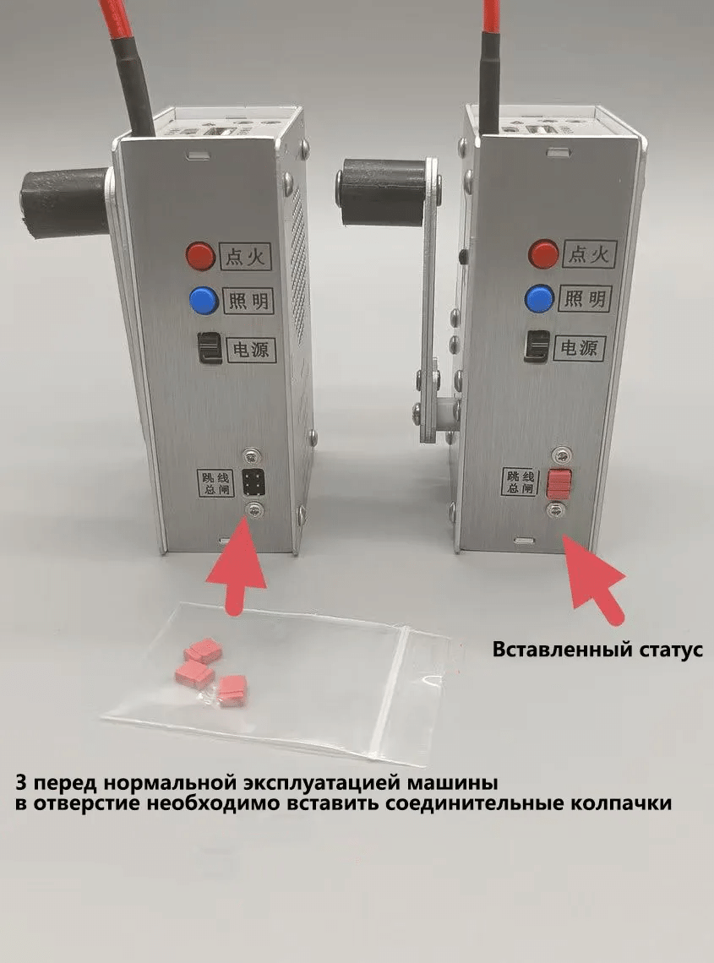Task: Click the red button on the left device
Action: pyautogui.click(x=200, y=256)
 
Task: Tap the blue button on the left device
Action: pyautogui.click(x=202, y=300)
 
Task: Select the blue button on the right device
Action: pyautogui.click(x=539, y=298)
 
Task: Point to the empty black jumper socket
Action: pyautogui.click(x=252, y=483)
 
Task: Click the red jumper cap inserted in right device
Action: pyautogui.click(x=559, y=483)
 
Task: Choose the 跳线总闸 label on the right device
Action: pyautogui.click(x=519, y=481)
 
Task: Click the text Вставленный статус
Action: pyautogui.click(x=597, y=651)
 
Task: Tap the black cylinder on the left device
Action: pyautogui.click(x=63, y=202)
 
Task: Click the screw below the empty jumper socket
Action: pyautogui.click(x=253, y=509)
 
